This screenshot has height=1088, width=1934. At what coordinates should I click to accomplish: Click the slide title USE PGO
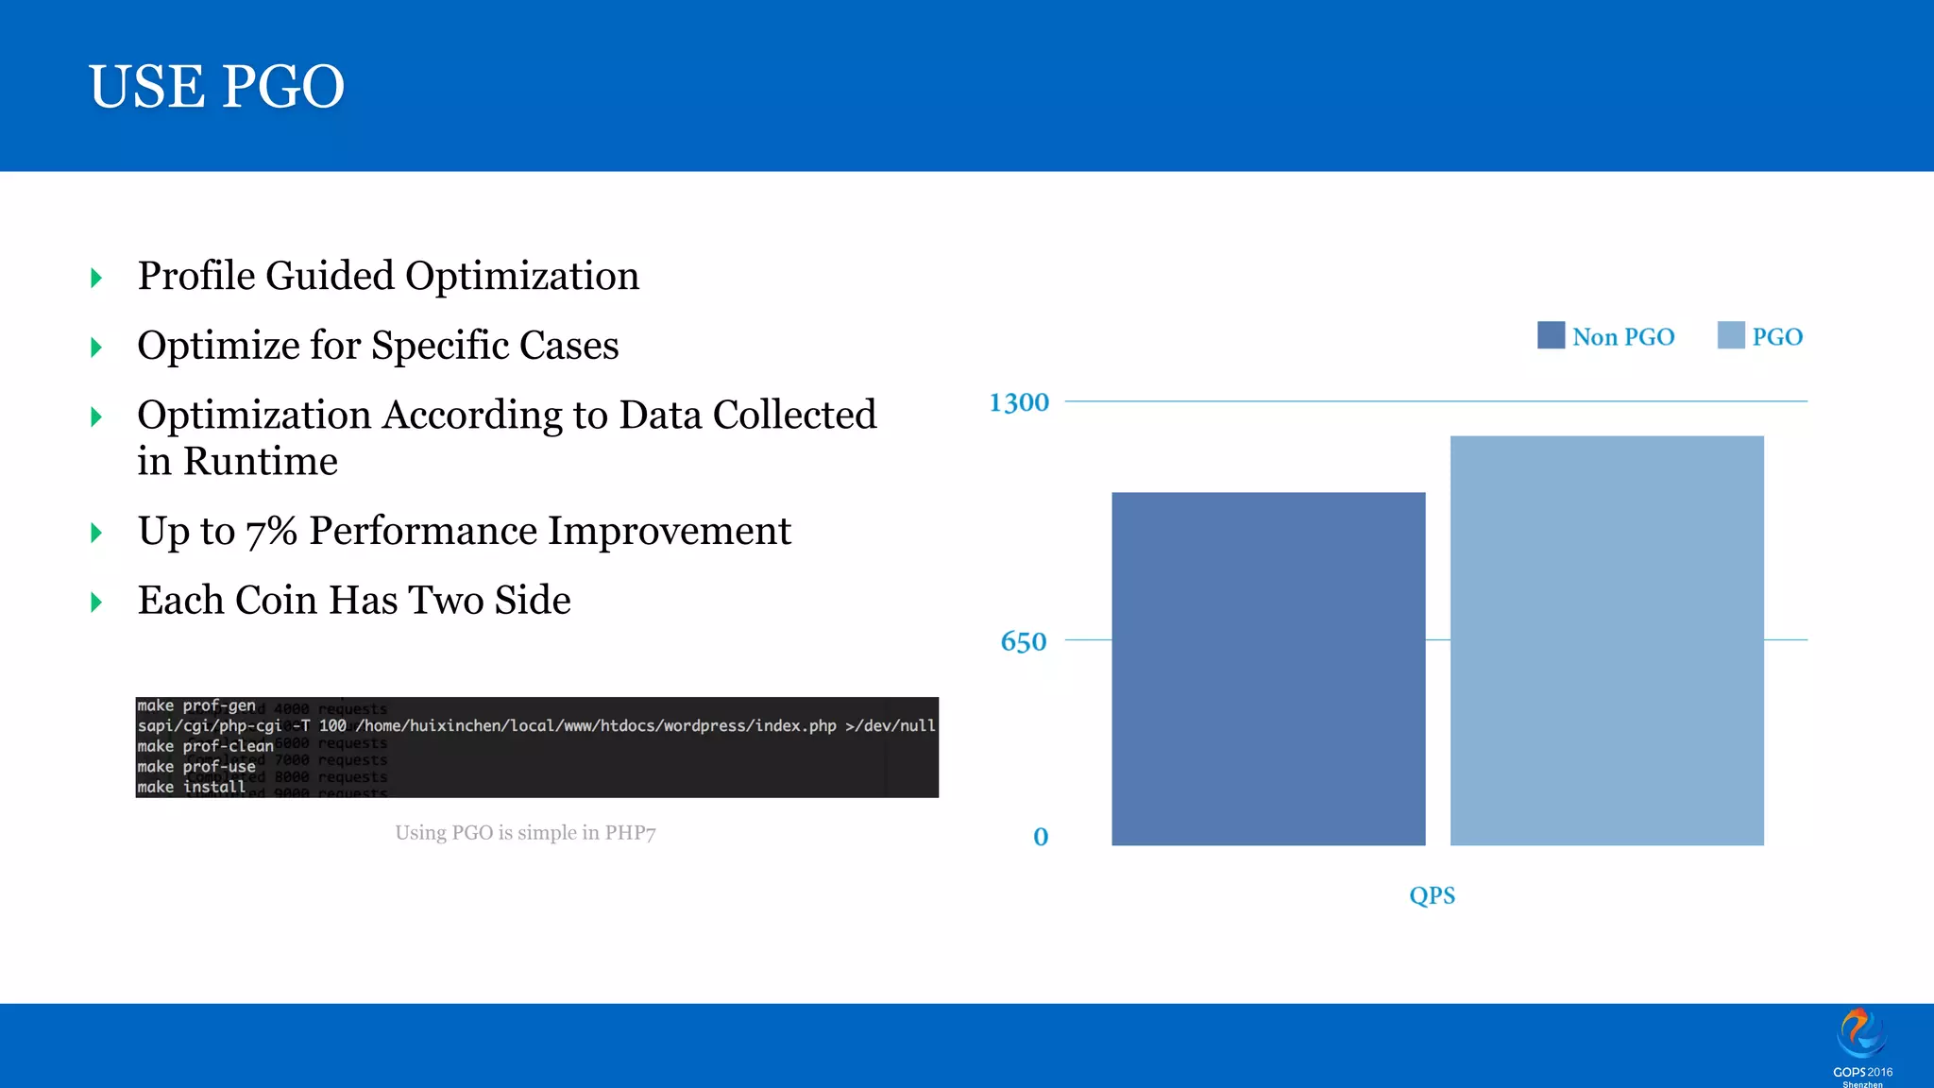click(x=216, y=87)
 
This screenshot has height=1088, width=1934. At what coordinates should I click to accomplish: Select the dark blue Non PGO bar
click(x=1267, y=668)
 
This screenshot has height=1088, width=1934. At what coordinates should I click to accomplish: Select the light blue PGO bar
click(x=1606, y=639)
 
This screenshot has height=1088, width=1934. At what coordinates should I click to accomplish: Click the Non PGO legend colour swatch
click(x=1551, y=335)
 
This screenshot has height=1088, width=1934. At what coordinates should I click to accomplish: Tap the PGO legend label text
click(x=1776, y=337)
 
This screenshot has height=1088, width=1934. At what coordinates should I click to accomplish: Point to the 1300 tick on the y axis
click(x=1018, y=402)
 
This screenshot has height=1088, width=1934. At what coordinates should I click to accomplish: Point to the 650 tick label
click(x=1023, y=642)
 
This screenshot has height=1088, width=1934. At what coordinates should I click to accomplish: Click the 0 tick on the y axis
click(x=1040, y=837)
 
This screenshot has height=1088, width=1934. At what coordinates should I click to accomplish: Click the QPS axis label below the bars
click(x=1432, y=895)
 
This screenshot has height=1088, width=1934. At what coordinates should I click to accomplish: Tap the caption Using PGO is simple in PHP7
click(x=525, y=833)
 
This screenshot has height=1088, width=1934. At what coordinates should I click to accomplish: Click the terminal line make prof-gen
click(x=196, y=705)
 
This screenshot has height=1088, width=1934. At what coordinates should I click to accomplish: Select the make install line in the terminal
click(x=191, y=787)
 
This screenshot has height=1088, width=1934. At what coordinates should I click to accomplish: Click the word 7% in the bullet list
click(x=271, y=531)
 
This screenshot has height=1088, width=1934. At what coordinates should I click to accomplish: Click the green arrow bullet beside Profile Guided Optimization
click(x=96, y=278)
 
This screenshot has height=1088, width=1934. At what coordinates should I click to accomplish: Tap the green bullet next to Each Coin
click(x=96, y=602)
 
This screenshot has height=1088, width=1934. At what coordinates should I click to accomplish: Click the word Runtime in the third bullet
click(x=260, y=462)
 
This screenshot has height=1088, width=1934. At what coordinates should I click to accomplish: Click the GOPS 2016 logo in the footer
click(x=1861, y=1045)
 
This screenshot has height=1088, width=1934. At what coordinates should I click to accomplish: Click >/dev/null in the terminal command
click(x=890, y=725)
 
